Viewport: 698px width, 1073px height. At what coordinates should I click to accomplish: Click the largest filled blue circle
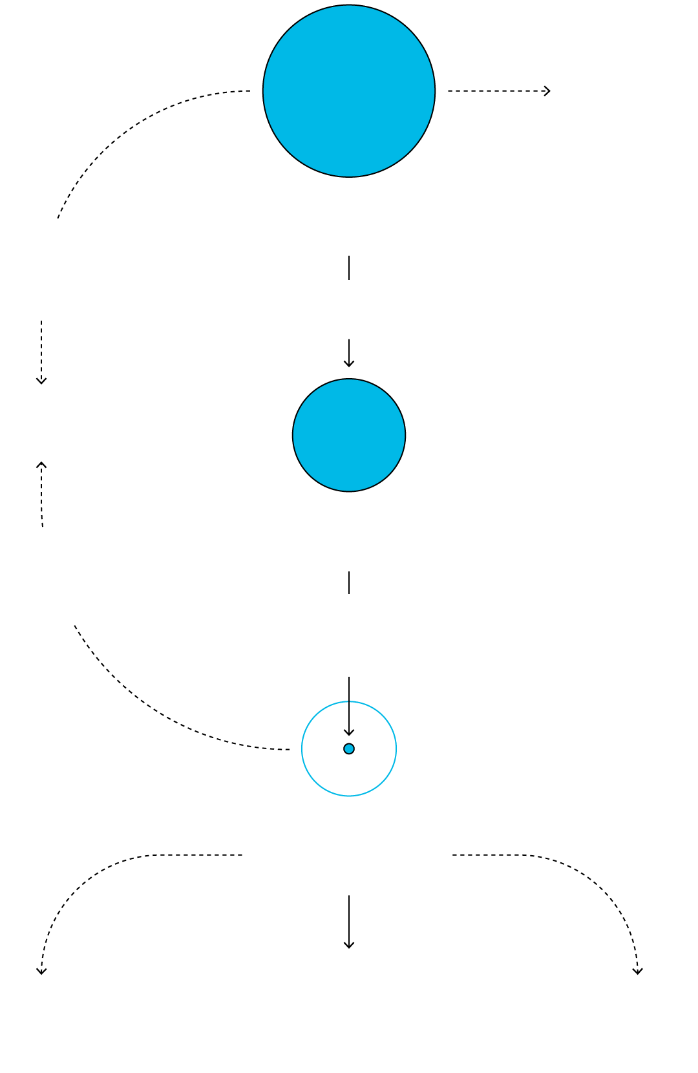349,91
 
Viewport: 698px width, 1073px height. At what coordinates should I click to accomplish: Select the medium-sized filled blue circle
349,435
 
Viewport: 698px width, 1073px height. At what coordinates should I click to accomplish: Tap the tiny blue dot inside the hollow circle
349,749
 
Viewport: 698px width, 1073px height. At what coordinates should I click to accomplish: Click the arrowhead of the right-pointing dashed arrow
547,91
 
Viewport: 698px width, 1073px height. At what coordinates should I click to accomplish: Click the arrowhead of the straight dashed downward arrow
41,381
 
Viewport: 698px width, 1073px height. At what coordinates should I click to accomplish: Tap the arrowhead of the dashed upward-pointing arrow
41,465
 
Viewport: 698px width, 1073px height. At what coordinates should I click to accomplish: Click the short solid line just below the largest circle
349,268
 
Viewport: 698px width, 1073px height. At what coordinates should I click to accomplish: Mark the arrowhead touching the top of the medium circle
349,364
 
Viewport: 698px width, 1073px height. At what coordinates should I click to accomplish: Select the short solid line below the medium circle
349,582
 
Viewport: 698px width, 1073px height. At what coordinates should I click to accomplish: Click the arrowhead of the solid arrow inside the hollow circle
349,732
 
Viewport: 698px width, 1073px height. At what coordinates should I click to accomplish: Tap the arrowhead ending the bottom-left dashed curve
41,971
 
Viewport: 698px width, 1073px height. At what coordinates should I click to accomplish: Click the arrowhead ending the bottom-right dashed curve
638,971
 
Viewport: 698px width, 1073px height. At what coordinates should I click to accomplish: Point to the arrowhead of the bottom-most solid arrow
349,945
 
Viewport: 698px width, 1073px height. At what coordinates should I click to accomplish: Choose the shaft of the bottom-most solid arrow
349,918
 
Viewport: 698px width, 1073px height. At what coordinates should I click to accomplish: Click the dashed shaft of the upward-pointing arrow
41,498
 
